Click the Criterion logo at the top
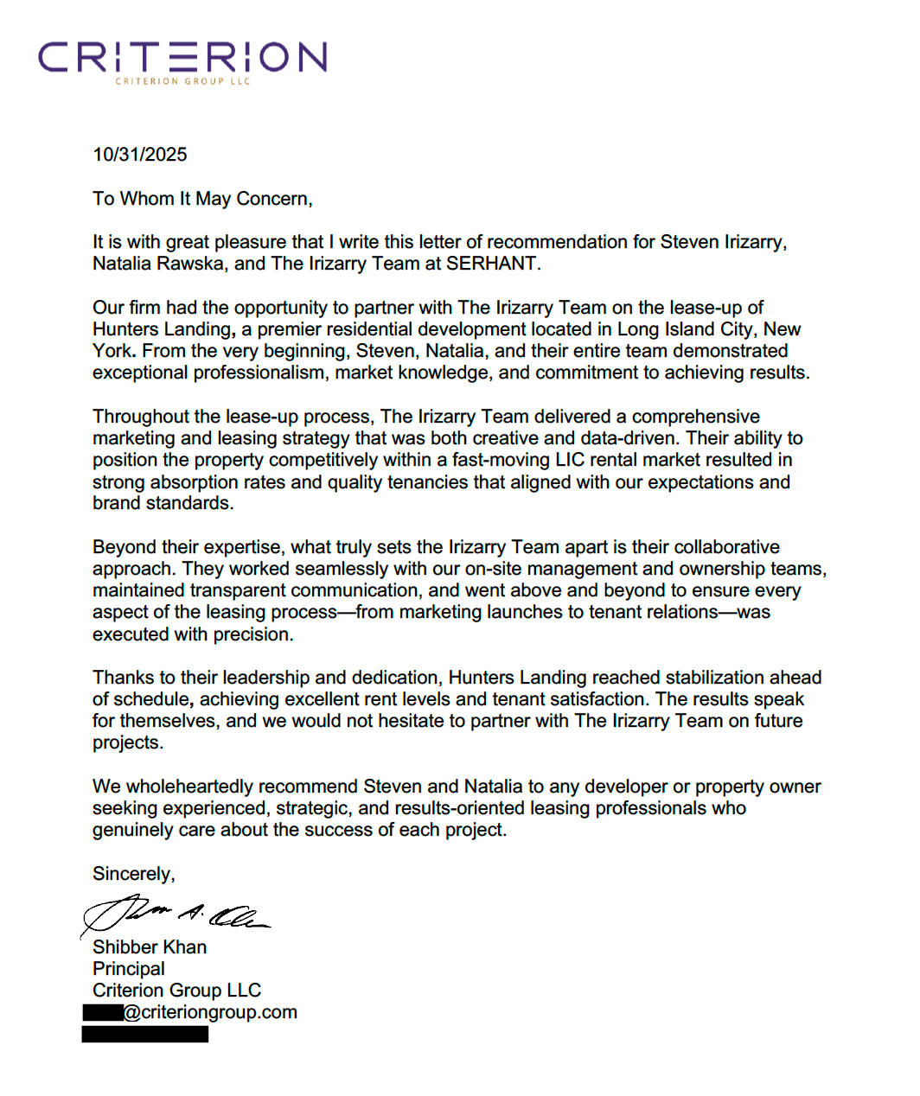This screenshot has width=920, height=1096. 182,61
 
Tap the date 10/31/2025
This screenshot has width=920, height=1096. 140,155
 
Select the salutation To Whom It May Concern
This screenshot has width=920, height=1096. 202,199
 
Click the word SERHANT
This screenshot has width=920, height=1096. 492,264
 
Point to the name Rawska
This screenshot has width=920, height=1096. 193,264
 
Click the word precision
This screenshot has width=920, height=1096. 254,634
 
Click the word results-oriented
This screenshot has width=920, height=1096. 490,808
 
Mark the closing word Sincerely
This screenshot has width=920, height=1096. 133,874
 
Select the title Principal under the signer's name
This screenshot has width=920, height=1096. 129,969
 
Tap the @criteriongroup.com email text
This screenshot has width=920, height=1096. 210,1012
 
